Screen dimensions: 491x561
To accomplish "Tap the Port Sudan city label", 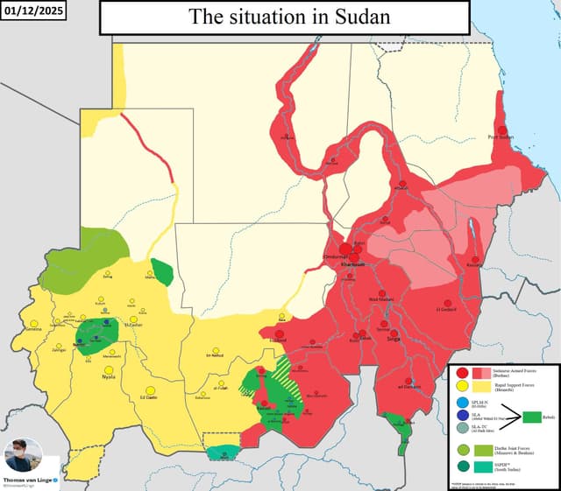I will pos(501,137).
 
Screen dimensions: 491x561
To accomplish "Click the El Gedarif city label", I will pos(448,309).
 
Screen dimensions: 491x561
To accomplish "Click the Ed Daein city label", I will pos(150,398).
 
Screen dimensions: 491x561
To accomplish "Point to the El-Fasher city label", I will pos(133,325).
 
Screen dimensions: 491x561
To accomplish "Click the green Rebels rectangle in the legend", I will pos(535,417).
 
